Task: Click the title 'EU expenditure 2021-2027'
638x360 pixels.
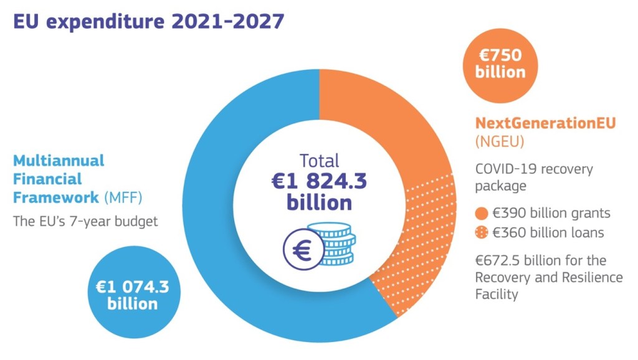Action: point(148,21)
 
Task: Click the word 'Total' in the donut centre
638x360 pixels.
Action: point(319,161)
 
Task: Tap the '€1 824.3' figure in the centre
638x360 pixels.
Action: point(319,181)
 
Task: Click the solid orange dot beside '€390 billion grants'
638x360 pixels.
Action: point(481,214)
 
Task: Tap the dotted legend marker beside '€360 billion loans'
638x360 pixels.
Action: point(481,233)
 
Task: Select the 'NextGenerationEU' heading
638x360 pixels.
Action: point(545,123)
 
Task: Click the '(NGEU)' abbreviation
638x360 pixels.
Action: point(499,142)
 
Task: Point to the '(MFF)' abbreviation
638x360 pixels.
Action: point(123,197)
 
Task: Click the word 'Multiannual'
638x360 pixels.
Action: point(59,160)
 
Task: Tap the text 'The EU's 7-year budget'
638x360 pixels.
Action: point(85,220)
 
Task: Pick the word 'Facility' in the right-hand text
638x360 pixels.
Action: point(496,294)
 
